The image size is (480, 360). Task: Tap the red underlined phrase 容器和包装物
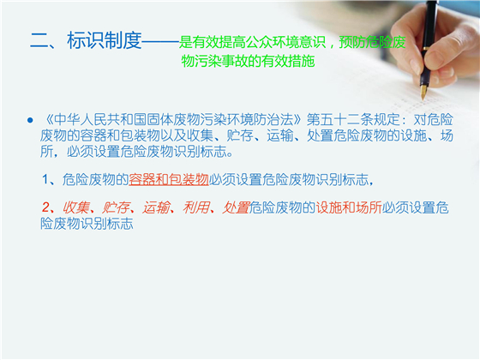[x=169, y=179]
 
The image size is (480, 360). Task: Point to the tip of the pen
[x=423, y=96]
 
